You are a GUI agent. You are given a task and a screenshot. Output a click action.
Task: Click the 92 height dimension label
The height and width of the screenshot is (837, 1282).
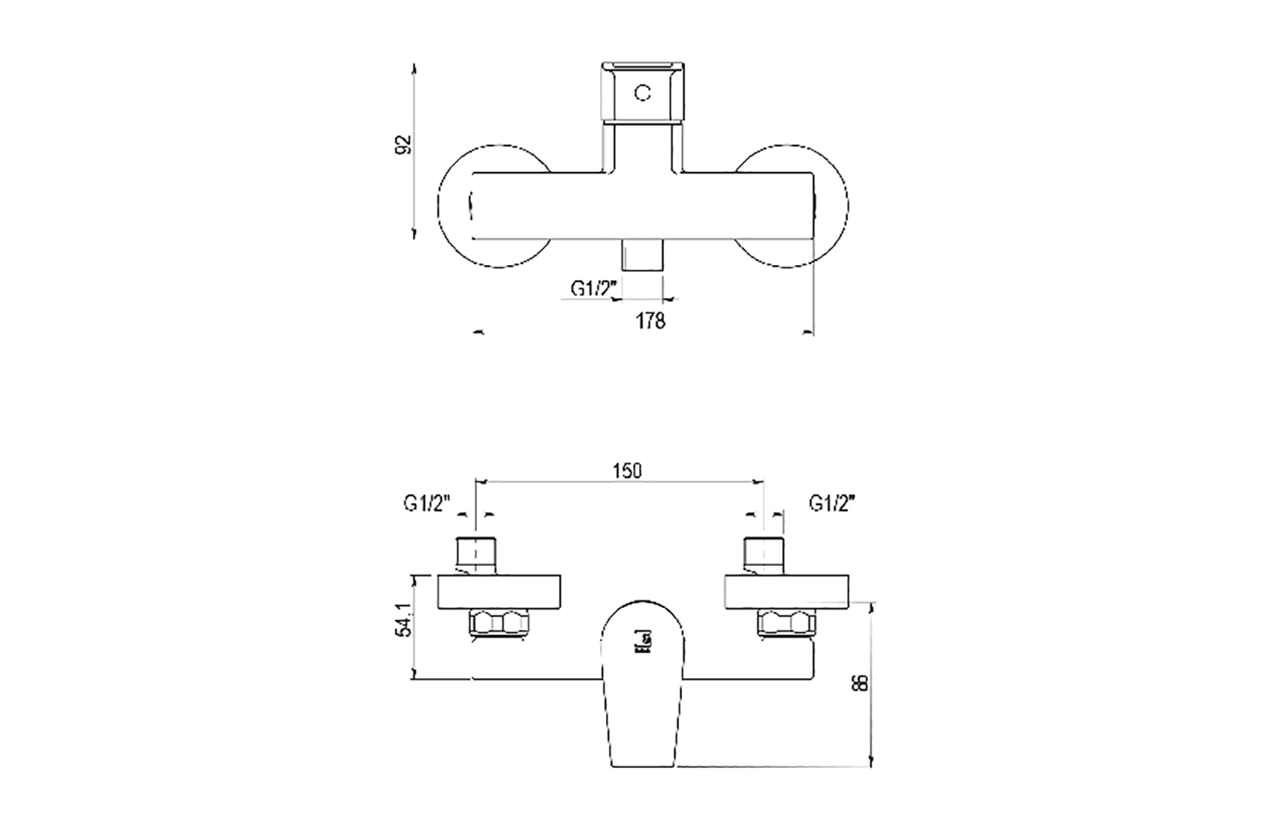405,144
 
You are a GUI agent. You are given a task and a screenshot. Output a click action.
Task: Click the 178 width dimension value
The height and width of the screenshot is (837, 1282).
650,321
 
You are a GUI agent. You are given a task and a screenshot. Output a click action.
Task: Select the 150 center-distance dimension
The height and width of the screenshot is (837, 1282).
626,470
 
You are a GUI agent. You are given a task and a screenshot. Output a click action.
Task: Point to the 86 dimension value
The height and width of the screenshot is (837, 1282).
861,681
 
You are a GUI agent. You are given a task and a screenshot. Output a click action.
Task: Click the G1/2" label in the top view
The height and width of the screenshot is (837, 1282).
594,289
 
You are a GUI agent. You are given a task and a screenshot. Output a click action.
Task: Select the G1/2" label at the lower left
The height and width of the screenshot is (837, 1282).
426,504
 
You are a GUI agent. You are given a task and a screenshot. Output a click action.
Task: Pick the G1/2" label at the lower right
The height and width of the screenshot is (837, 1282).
832,504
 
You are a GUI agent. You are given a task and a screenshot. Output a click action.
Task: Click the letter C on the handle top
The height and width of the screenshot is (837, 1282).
643,92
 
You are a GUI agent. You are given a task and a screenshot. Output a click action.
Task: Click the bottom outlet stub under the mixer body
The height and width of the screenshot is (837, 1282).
643,255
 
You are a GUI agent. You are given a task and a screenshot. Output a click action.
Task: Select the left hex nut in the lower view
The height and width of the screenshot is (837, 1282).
499,624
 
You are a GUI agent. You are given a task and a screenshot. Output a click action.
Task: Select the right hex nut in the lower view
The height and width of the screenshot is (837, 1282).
784,624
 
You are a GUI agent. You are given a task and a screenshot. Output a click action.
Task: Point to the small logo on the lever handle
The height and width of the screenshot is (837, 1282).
643,640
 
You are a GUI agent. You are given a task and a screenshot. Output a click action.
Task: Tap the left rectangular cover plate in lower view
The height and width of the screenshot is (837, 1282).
499,592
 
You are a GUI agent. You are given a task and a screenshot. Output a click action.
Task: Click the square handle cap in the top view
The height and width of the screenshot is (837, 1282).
643,92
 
